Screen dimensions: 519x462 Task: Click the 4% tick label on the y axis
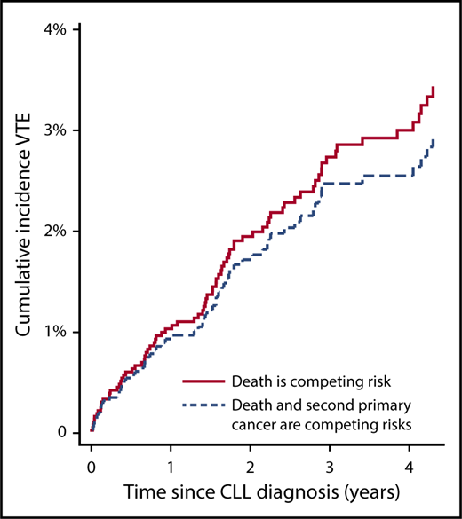[54, 29]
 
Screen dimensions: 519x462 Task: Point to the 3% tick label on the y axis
[54, 130]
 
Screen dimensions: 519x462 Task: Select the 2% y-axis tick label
[54, 232]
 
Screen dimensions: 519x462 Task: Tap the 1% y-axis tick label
[54, 332]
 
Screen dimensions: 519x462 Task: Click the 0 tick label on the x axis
[92, 466]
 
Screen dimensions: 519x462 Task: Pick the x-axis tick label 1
[171, 466]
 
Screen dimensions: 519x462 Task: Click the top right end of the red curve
[433, 87]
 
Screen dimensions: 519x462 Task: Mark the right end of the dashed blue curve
[434, 138]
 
